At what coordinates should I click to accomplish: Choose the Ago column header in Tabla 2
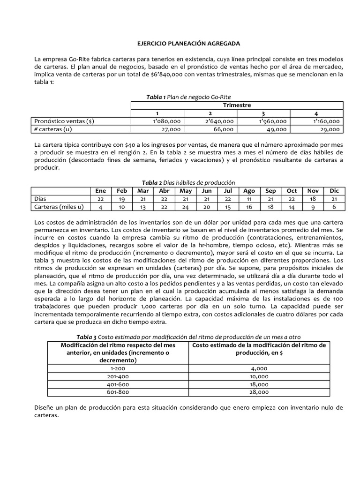[x=249, y=191]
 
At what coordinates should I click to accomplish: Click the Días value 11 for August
[x=249, y=199]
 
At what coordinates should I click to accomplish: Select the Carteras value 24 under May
[x=186, y=207]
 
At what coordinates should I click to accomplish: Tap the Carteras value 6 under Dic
[x=333, y=207]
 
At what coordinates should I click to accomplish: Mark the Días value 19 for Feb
[x=122, y=199]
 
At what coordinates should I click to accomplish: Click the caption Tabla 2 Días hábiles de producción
[x=188, y=182]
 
